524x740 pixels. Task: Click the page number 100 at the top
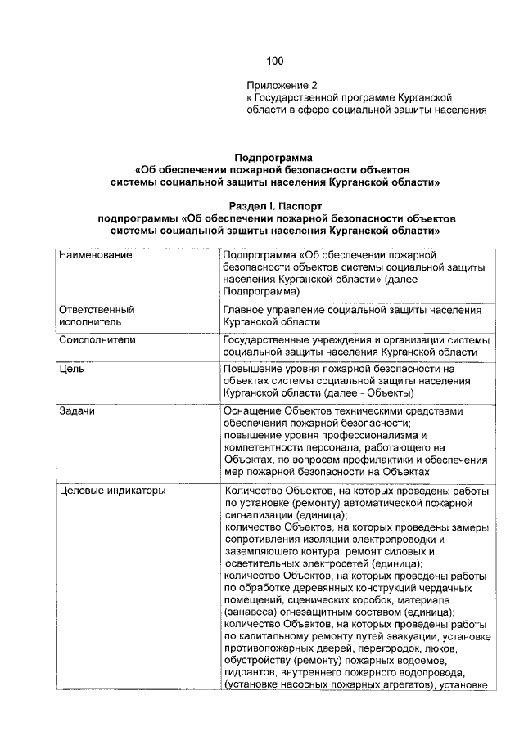click(274, 60)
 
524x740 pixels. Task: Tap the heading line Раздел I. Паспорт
click(275, 207)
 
